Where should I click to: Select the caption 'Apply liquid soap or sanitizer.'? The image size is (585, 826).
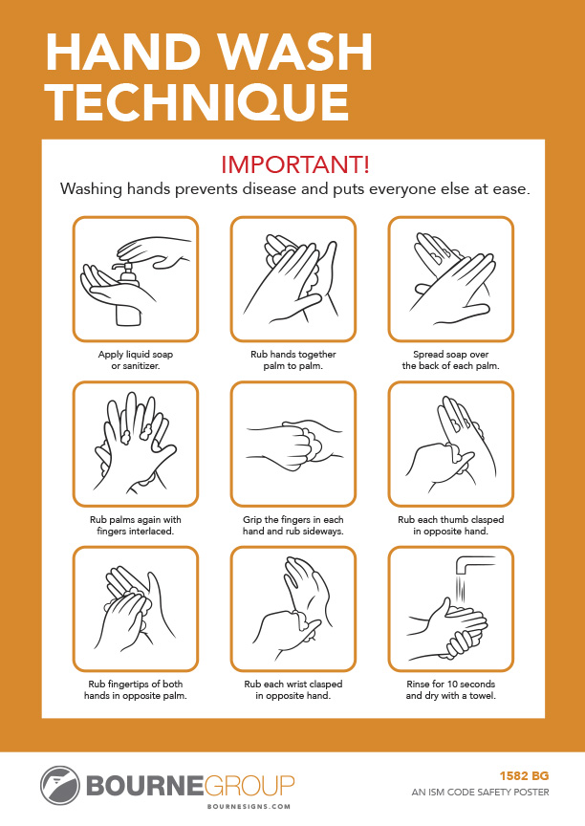click(x=136, y=359)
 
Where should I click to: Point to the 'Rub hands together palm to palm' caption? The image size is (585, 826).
click(x=293, y=359)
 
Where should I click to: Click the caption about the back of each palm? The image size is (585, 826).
click(x=450, y=359)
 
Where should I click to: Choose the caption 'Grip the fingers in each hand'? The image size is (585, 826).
click(x=293, y=525)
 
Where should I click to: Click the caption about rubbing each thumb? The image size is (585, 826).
click(x=450, y=525)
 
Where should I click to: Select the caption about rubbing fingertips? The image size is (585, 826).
click(x=136, y=689)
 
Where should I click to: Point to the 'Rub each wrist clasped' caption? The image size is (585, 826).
click(x=293, y=689)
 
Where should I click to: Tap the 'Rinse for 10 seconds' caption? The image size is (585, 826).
click(x=450, y=689)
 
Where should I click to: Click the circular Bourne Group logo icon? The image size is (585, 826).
click(x=59, y=785)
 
